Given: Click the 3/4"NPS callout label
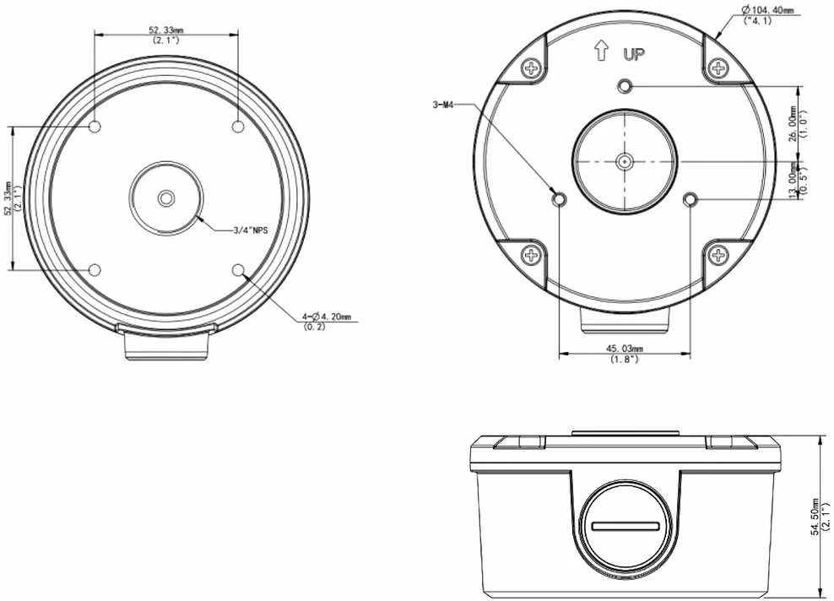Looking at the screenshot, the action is (250, 230).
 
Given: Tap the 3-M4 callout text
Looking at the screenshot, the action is (442, 105).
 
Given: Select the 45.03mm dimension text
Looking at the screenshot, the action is (625, 349).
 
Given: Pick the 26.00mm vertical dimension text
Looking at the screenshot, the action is (793, 124).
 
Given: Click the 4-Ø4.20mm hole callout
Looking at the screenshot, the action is (327, 317).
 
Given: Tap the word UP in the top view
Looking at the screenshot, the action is (633, 54).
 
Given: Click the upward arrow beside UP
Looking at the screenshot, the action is (601, 51).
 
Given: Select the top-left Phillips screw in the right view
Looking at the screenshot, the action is (531, 68).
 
